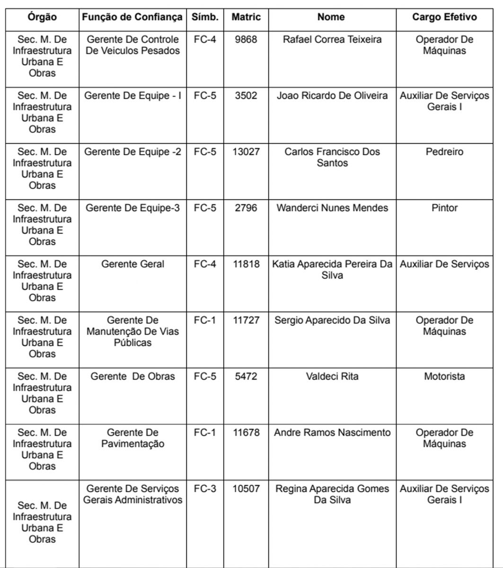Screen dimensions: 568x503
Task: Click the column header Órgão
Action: (x=42, y=18)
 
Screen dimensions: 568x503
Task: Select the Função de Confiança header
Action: (x=132, y=18)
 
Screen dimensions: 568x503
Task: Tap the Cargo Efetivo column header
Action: (x=444, y=18)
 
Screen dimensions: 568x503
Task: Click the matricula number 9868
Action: (x=246, y=40)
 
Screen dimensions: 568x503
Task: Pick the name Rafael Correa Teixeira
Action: (x=332, y=40)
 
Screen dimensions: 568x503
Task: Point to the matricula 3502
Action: (x=246, y=96)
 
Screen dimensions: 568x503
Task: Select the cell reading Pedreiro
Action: (x=444, y=152)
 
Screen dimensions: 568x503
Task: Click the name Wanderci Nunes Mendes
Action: (x=332, y=208)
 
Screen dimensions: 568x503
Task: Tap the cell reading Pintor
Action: (x=444, y=208)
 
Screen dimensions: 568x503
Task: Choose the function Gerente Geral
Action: (x=132, y=264)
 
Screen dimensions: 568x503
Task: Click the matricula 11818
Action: (x=246, y=264)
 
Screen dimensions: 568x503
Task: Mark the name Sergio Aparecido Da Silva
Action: (x=332, y=320)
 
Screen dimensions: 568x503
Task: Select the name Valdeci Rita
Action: (x=332, y=377)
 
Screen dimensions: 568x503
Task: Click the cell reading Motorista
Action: (x=444, y=377)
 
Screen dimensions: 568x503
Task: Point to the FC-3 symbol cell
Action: (x=205, y=489)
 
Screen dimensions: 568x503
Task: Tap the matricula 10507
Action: (x=246, y=489)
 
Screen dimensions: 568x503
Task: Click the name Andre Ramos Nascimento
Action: (x=332, y=433)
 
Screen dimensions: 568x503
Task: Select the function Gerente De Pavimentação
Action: (x=132, y=438)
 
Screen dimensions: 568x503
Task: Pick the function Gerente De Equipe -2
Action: (x=132, y=152)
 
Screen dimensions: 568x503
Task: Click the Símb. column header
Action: (x=205, y=18)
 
